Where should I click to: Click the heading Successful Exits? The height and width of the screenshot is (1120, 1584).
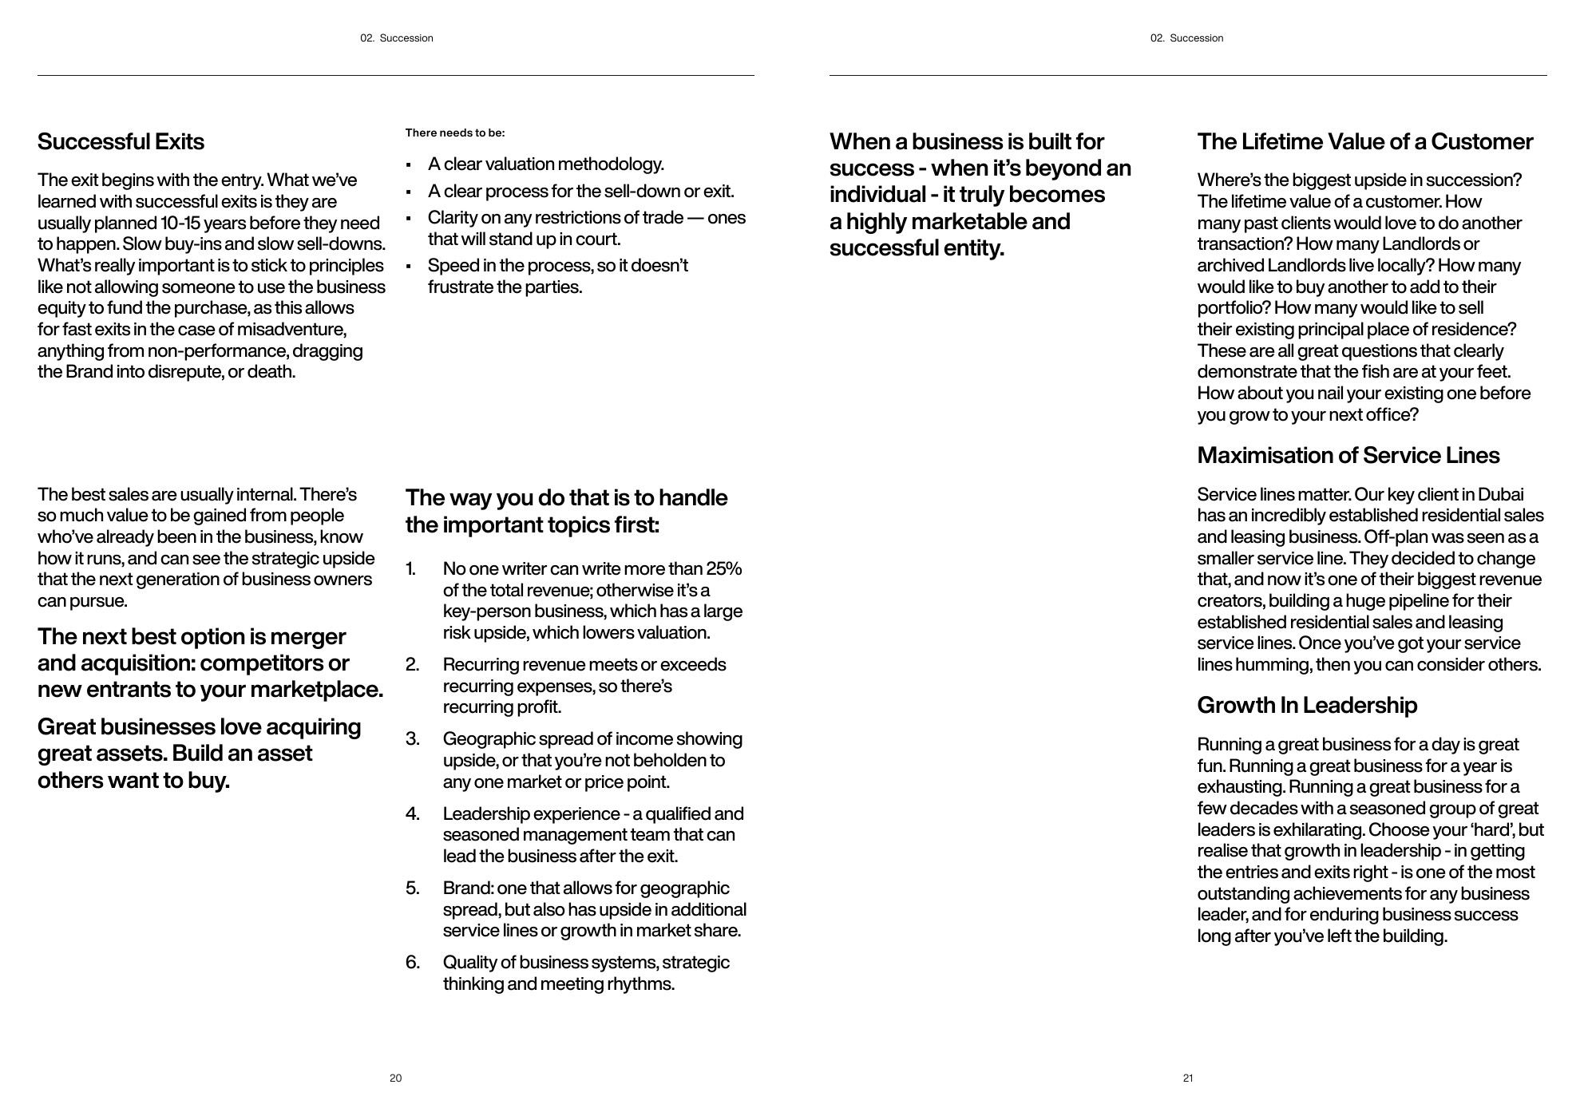point(121,142)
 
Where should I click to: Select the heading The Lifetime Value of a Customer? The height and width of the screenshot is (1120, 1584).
point(1364,142)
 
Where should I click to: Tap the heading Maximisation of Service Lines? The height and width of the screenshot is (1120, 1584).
point(1348,456)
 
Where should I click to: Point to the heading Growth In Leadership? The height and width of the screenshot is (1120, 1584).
point(1307,706)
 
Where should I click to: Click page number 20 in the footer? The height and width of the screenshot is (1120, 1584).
point(395,1078)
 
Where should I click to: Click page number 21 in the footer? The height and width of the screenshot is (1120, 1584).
point(1187,1078)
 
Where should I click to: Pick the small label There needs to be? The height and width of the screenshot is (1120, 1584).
point(455,133)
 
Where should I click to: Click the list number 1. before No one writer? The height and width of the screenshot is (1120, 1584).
point(410,569)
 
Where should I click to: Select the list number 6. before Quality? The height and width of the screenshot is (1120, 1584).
point(412,963)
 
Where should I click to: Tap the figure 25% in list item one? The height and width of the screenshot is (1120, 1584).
point(723,569)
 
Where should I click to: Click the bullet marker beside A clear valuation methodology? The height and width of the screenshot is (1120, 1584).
point(408,165)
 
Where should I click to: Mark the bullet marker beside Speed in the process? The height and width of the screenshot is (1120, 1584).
point(408,267)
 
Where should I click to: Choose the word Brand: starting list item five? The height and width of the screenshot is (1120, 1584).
point(468,888)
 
